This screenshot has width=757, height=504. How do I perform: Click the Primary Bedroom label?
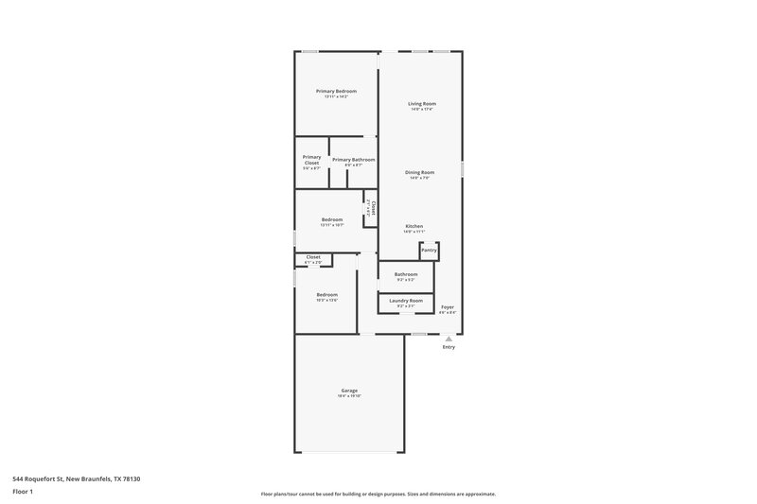click(x=336, y=91)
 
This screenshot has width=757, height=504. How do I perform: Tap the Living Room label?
click(x=422, y=103)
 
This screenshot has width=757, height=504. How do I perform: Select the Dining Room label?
click(x=420, y=172)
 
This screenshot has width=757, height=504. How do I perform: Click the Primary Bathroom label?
click(x=353, y=160)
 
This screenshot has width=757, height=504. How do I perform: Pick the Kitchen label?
click(x=414, y=226)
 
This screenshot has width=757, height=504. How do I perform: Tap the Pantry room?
click(x=429, y=251)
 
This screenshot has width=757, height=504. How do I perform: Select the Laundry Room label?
click(x=406, y=301)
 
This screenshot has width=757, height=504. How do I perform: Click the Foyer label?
click(x=448, y=306)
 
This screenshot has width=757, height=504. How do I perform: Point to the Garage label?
click(x=349, y=391)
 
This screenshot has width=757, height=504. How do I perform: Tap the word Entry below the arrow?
click(x=449, y=347)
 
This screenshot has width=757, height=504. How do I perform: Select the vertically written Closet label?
click(x=374, y=207)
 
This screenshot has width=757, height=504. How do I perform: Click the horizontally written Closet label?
click(x=313, y=256)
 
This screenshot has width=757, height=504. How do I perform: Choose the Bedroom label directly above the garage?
click(x=326, y=294)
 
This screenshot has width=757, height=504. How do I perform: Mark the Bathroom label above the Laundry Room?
click(x=406, y=274)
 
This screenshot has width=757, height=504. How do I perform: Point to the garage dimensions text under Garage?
click(x=349, y=396)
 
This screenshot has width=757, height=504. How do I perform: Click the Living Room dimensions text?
click(x=422, y=109)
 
